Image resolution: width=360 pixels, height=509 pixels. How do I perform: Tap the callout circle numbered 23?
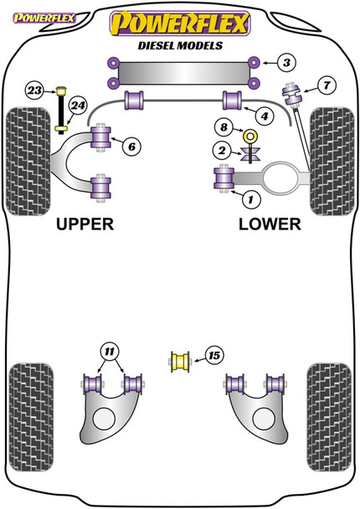click(x=34, y=90)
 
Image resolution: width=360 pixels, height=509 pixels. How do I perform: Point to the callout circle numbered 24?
click(x=78, y=106)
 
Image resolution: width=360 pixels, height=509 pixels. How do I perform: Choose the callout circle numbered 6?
click(x=131, y=147)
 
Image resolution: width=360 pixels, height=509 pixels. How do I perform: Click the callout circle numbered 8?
click(x=224, y=127)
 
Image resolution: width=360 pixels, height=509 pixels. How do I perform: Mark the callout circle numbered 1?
click(x=248, y=198)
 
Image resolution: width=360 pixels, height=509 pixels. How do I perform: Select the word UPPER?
click(x=84, y=225)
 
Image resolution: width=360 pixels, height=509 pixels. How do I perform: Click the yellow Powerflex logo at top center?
click(x=179, y=23)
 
